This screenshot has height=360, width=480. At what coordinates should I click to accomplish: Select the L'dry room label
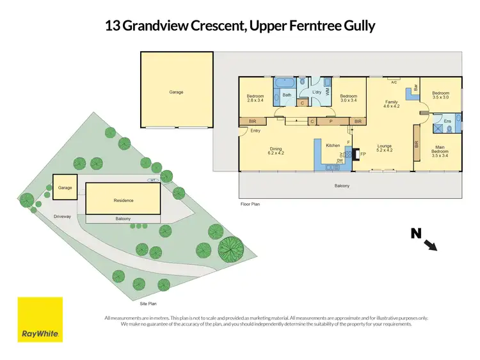(x=316, y=92)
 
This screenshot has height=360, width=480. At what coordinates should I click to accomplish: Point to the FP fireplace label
(x=363, y=154)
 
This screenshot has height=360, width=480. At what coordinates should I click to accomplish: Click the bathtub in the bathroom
(x=284, y=83)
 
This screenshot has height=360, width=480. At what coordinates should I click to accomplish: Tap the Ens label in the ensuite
(x=447, y=121)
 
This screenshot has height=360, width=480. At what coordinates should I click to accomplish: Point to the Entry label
(x=256, y=131)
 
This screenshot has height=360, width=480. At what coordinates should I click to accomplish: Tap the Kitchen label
(x=333, y=146)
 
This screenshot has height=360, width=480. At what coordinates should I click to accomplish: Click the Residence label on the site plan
(x=124, y=200)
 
